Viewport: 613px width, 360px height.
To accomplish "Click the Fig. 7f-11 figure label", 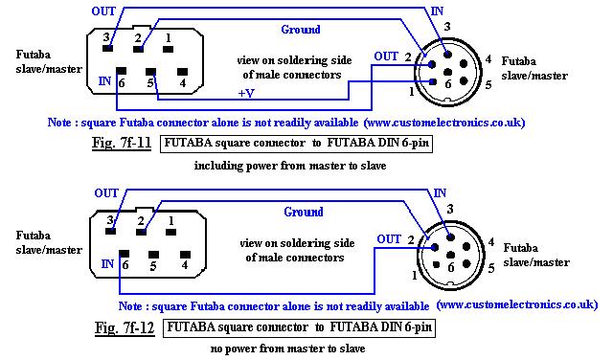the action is point(122,143).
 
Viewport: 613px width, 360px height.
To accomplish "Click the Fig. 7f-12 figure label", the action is point(125,327).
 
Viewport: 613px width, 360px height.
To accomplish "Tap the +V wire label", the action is point(246,93).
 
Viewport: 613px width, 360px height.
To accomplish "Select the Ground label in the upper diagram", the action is point(301,30).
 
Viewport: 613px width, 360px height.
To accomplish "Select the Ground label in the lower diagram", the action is point(304,212).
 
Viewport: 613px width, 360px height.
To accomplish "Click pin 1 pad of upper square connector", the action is point(169,49).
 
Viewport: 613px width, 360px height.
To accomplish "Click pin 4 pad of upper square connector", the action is point(182,72).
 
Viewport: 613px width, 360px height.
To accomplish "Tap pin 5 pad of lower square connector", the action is point(153,255).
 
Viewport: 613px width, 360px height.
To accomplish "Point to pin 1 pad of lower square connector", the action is point(170,233).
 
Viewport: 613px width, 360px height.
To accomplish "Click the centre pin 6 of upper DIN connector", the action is point(448,72).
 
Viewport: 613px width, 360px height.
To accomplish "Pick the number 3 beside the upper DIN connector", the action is point(447,27).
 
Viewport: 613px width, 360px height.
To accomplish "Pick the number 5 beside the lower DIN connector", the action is point(491,268).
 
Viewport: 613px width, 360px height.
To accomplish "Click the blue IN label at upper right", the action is point(437,11).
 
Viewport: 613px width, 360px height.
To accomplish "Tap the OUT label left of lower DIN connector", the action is point(389,238).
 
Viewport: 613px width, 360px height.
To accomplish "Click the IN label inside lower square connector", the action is point(107,264).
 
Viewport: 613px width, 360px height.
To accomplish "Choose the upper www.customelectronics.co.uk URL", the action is point(444,123).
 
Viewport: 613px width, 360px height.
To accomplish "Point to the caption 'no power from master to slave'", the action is point(287,349).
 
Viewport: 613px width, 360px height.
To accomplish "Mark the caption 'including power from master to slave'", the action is point(290,166).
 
